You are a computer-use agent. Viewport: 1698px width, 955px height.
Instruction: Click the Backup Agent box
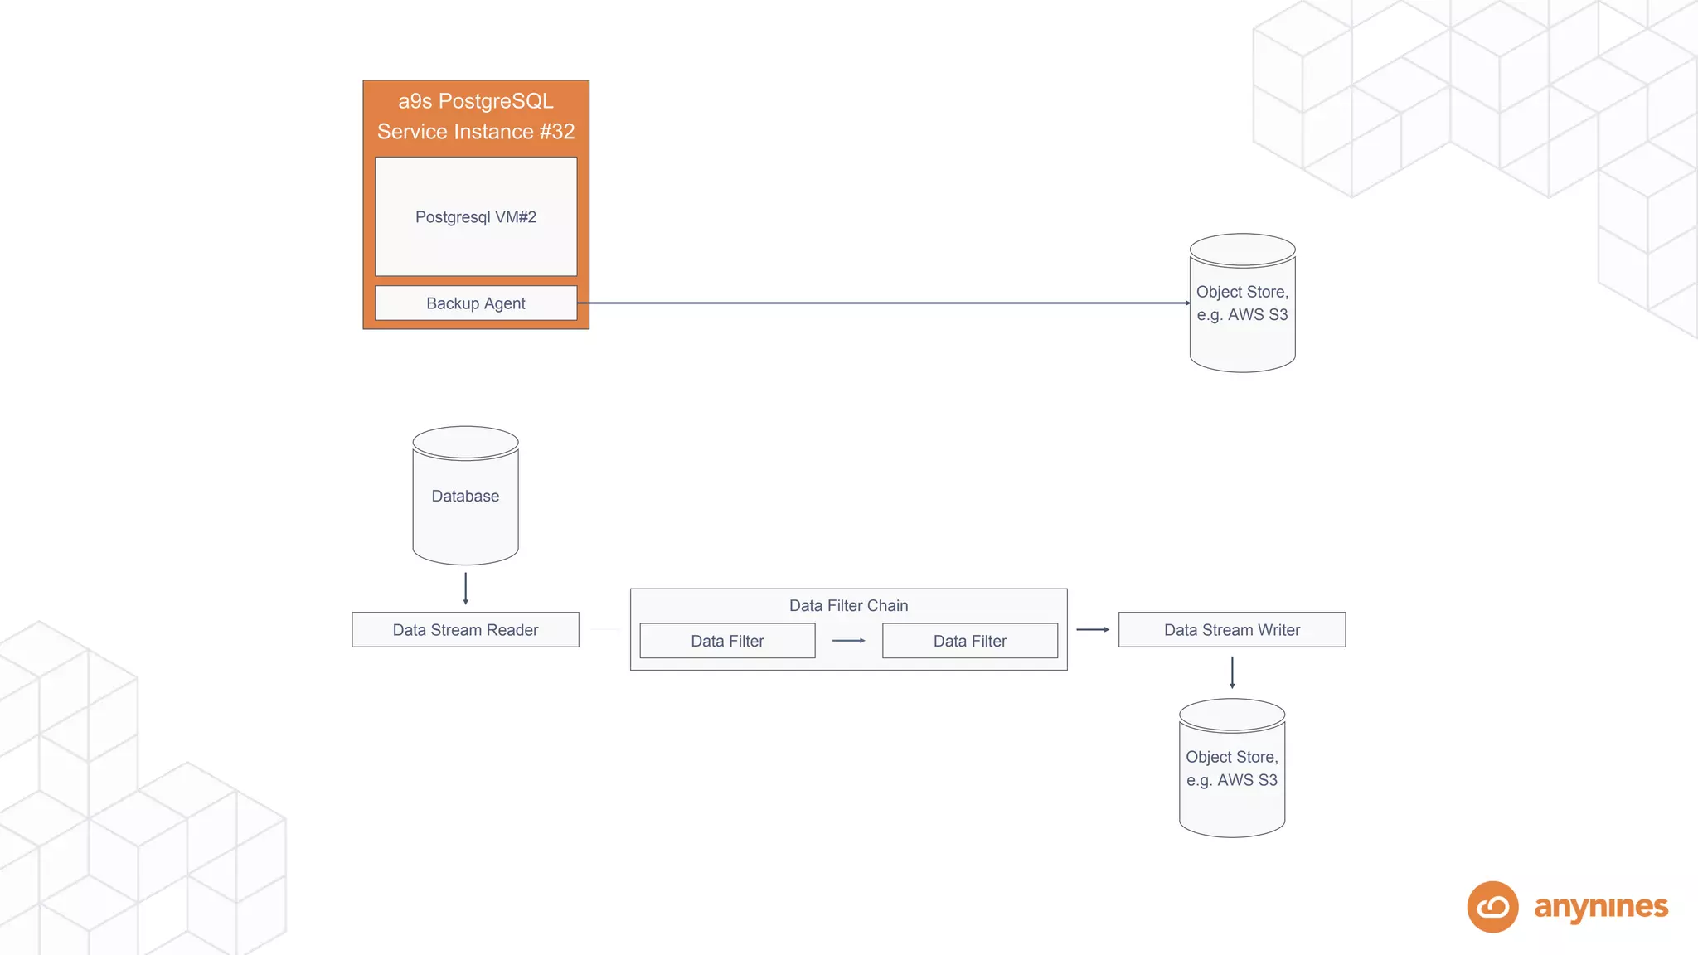475,303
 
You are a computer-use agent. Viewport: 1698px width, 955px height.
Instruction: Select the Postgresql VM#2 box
475,216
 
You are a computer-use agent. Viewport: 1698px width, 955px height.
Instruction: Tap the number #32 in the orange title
556,132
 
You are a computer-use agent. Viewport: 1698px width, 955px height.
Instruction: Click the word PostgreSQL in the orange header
495,101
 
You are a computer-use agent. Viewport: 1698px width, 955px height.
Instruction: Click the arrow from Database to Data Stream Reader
466,588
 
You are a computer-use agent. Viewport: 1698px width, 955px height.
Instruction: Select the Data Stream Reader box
465,630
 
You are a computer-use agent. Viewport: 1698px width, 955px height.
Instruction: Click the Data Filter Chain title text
848,606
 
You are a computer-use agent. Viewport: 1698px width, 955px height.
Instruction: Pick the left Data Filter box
727,641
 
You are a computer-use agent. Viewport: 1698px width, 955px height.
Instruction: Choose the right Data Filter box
969,641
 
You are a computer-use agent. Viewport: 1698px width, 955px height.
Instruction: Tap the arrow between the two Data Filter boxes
848,641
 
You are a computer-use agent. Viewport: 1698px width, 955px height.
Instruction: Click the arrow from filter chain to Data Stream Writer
1092,630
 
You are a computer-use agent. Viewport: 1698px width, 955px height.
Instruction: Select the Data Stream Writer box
1231,630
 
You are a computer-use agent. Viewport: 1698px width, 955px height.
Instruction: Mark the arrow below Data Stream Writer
1232,672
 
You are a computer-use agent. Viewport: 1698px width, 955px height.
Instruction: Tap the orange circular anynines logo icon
1492,907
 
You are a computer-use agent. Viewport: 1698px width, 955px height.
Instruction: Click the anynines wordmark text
1600,907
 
